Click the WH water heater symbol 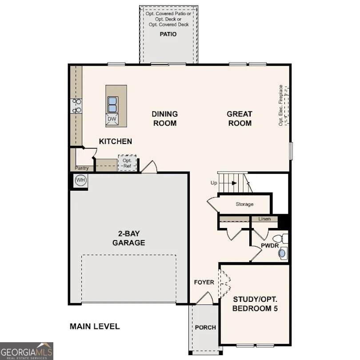tap(80, 180)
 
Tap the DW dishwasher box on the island tap(112, 119)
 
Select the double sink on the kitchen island tap(113, 104)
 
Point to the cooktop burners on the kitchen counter tap(76, 106)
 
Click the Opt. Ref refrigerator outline tap(127, 163)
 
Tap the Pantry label tap(81, 168)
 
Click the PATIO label tap(168, 34)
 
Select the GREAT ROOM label tap(240, 119)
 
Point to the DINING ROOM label tap(165, 119)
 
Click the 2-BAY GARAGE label tap(129, 238)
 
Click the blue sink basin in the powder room tap(282, 253)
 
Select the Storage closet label tap(244, 204)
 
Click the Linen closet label tap(264, 219)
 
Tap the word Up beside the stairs tap(214, 183)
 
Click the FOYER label tap(204, 282)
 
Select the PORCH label tap(205, 328)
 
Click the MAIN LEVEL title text tap(95, 327)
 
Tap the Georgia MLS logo tap(27, 351)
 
